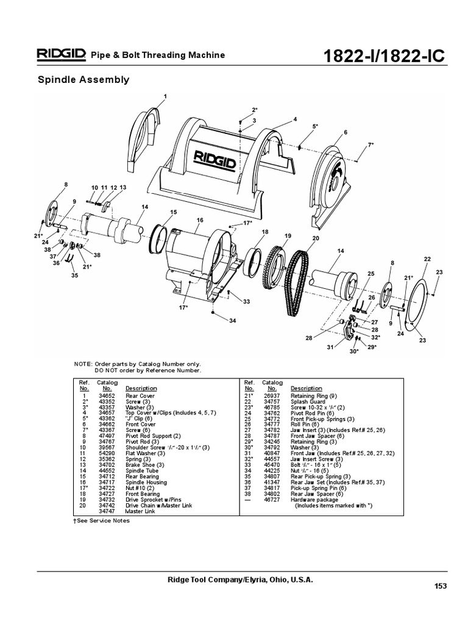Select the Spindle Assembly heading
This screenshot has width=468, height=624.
[83, 79]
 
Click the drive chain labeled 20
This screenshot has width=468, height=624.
[303, 275]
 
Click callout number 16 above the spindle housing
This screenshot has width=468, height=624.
[200, 219]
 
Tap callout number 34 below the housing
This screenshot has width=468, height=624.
[232, 321]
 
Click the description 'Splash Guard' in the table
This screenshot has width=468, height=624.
[307, 402]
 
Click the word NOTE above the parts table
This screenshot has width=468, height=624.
[82, 364]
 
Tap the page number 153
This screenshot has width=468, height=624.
[440, 586]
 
